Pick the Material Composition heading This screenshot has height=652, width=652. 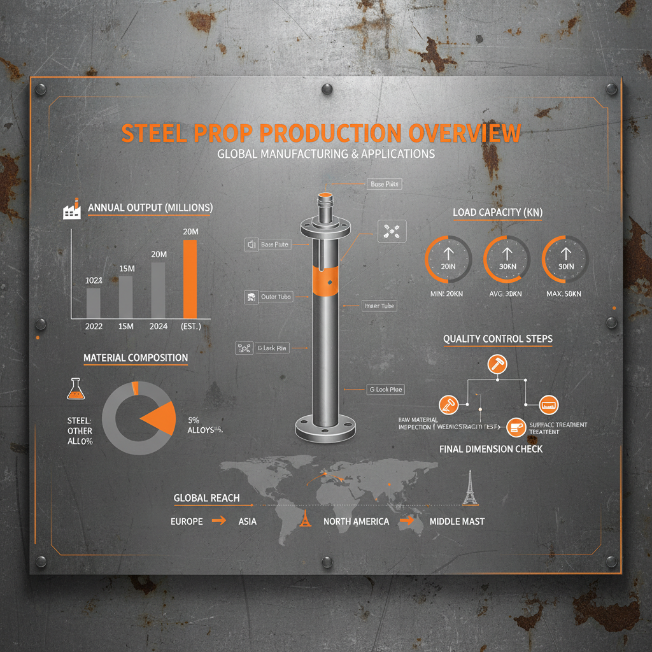point(136,358)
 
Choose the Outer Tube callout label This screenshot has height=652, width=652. point(276,297)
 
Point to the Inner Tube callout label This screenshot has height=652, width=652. point(379,306)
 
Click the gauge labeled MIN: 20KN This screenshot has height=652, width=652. point(447,260)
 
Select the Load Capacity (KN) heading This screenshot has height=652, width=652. point(497,212)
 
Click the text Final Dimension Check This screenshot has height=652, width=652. point(491,449)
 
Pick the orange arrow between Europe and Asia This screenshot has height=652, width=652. point(218,521)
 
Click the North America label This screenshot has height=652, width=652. point(356,521)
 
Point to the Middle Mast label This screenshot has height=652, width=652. point(457,521)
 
